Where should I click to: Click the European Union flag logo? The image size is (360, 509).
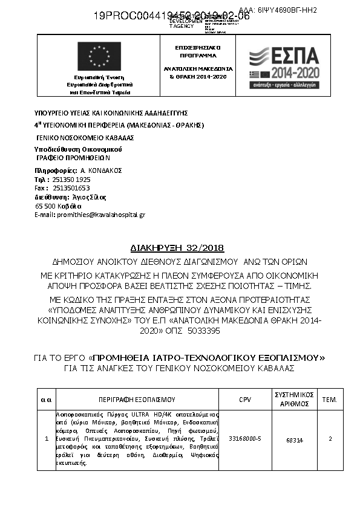[99, 56]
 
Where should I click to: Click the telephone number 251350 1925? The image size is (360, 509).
[71, 180]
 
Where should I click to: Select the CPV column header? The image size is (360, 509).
[245, 400]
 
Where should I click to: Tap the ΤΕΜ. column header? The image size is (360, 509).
[330, 400]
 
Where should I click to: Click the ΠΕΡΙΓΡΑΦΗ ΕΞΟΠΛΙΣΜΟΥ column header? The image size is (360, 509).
[137, 400]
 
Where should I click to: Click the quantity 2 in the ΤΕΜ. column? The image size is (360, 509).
[330, 439]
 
